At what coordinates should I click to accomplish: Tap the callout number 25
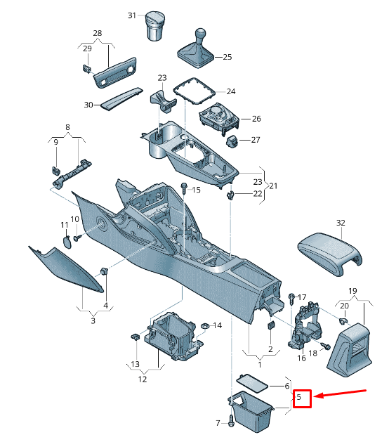coord(227,57)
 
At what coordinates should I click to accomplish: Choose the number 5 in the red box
coord(301,398)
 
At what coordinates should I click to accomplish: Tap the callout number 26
coord(256,119)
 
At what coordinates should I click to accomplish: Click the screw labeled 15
coord(184,188)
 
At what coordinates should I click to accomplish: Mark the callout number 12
coord(142,379)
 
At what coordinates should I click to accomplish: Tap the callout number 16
coord(301,358)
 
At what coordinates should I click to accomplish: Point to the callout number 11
coord(64,225)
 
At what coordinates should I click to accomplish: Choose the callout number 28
coord(97,34)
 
